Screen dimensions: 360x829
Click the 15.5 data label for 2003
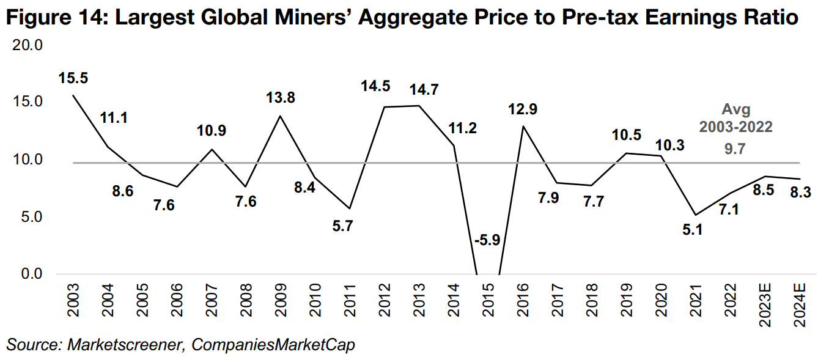click(x=73, y=79)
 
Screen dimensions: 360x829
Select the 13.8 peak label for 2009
click(x=281, y=98)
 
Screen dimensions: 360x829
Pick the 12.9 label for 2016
click(x=523, y=109)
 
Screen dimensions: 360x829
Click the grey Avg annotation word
click(x=736, y=110)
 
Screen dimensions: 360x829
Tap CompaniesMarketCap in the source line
click(x=273, y=345)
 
